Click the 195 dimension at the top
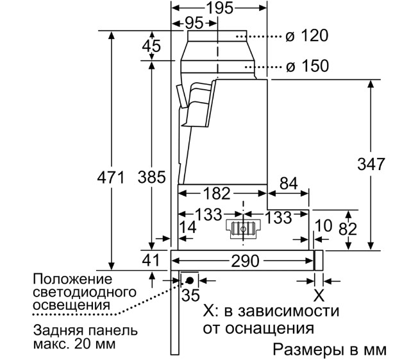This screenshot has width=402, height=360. tap(220, 8)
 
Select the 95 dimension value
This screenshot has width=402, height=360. tap(194, 23)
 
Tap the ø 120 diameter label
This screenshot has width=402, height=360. tap(307, 35)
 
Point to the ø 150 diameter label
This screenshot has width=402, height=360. tap(307, 65)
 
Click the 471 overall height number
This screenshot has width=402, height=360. tap(111, 177)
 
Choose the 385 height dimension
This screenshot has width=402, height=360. tap(152, 177)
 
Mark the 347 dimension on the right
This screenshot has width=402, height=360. tap(371, 164)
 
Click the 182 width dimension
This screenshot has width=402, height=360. tap(217, 193)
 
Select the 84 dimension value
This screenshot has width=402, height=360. tap(289, 184)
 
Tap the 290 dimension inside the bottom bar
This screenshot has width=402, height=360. tap(246, 261)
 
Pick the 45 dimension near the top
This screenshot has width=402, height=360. tap(151, 46)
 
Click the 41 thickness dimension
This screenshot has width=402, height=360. tap(151, 260)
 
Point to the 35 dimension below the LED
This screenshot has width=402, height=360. tap(190, 295)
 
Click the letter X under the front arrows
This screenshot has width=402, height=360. tap(319, 295)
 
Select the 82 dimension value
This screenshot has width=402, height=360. tap(348, 229)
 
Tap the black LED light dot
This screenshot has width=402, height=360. tap(190, 280)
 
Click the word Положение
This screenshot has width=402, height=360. tap(72, 279)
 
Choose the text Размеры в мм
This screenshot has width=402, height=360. tap(330, 350)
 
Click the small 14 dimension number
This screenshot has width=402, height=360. tap(188, 227)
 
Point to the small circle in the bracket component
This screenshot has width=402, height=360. tap(243, 229)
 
